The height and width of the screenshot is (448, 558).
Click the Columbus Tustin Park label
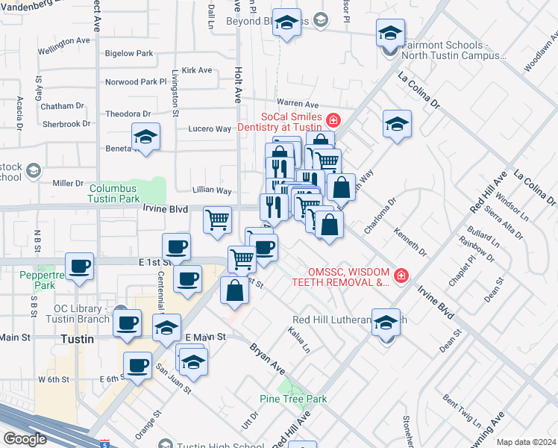113,194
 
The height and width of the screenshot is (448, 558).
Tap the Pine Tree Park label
293,399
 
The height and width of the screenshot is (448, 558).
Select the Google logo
25,439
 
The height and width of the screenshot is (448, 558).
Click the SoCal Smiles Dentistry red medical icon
333,119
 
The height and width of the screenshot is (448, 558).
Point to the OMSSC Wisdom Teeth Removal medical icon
401,276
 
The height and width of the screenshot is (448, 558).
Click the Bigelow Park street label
129,53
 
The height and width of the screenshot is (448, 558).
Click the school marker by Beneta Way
145,137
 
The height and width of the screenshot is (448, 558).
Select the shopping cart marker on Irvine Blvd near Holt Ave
217,220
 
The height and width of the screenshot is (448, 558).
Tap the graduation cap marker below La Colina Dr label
398,123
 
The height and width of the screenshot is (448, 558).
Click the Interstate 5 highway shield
102,444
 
